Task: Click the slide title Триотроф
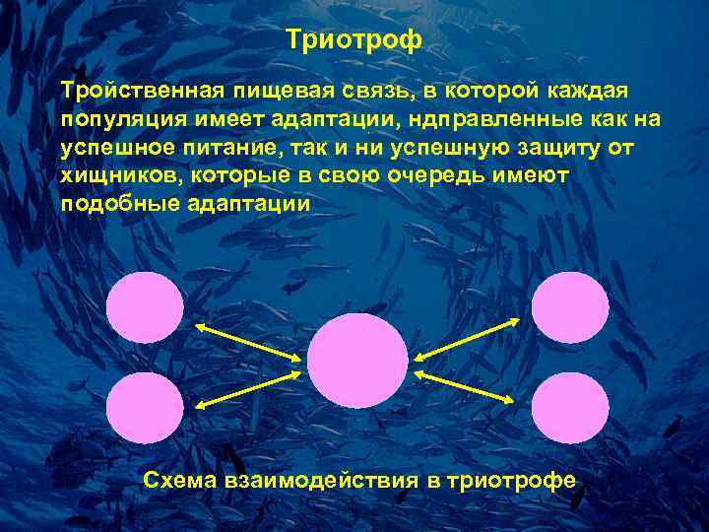(x=354, y=40)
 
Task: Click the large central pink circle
(x=356, y=361)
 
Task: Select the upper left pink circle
(x=145, y=306)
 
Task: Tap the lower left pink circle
(x=145, y=408)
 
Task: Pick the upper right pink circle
(x=570, y=306)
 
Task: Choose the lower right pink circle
(x=570, y=408)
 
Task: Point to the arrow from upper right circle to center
(x=467, y=340)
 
